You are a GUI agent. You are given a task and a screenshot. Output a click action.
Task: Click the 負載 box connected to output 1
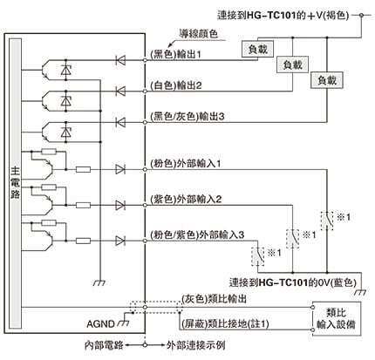258,49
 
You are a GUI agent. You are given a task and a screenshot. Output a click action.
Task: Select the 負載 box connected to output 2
292,65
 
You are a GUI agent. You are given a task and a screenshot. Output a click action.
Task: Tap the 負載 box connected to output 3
327,80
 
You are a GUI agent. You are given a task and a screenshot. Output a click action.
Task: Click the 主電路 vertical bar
16,183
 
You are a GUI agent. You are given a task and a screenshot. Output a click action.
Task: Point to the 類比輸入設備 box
337,319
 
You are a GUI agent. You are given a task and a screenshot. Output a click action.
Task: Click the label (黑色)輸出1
175,54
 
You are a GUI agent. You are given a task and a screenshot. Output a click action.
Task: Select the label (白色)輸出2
176,85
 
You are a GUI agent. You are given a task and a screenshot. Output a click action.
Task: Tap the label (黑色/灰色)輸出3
187,117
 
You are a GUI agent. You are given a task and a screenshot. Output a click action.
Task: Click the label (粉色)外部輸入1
186,164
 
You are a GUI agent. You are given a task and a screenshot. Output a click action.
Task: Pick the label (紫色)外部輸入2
186,200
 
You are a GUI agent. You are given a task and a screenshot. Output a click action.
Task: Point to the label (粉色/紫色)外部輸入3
197,234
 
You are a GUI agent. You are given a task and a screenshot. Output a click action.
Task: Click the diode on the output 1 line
120,60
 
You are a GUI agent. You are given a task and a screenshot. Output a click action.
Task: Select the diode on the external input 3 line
120,241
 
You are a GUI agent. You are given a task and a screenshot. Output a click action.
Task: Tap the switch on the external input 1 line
327,221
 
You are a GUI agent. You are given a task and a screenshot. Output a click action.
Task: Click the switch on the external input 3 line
258,256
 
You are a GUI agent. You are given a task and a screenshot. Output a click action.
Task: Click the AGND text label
100,323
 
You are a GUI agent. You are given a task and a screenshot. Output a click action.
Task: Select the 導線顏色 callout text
199,34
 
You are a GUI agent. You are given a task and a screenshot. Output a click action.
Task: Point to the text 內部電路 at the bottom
104,345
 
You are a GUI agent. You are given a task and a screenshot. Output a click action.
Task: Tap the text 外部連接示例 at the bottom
196,345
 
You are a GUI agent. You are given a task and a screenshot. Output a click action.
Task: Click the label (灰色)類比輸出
215,299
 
